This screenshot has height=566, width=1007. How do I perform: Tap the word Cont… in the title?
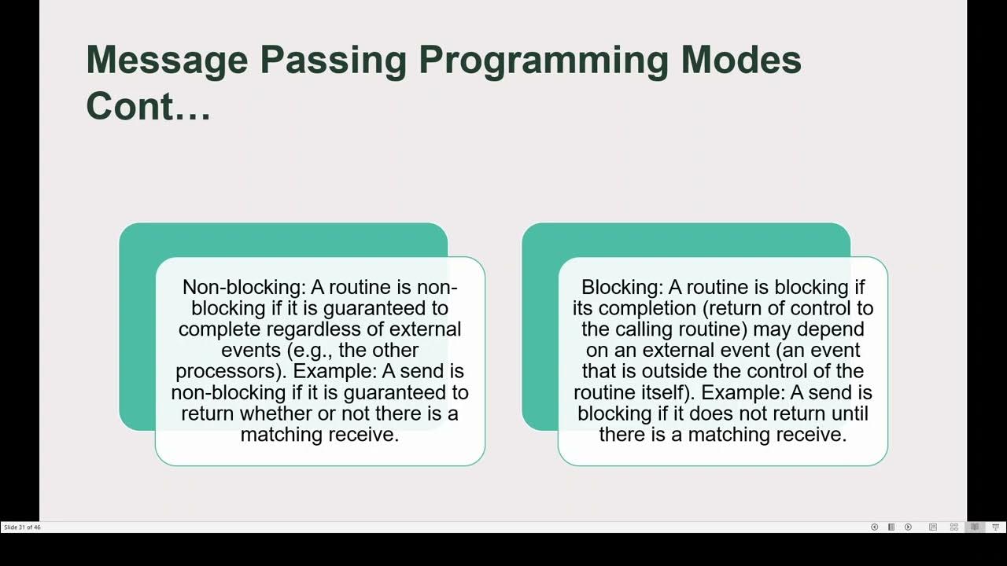148,105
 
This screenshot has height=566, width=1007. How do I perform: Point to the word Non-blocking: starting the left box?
244,287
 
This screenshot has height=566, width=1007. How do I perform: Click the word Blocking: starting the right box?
622,287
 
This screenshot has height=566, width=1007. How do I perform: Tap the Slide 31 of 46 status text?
22,527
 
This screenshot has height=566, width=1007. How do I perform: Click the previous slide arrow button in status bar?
874,527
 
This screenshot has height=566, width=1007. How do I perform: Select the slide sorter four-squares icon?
954,527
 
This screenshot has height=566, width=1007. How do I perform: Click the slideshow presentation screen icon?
995,527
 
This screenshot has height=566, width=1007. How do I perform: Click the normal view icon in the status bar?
933,527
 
